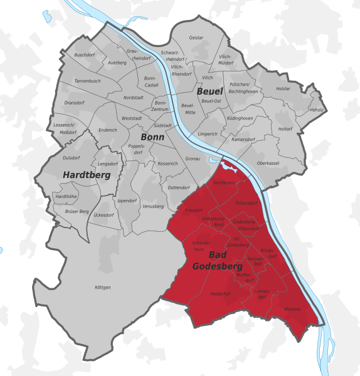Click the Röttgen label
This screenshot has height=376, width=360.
click(102, 287)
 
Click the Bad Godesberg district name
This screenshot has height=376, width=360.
click(217, 260)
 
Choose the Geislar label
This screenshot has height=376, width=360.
click(196, 38)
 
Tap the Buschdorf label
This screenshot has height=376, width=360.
click(84, 55)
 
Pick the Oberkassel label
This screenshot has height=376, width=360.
click(268, 164)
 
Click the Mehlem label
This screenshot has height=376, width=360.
click(292, 310)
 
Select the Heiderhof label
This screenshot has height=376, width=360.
click(221, 293)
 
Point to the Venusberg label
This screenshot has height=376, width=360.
click(153, 206)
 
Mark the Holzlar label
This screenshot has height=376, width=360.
click(284, 88)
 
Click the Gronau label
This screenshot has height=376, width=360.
click(193, 159)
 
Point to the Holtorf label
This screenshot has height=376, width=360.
click(285, 129)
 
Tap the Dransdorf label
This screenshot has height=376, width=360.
click(75, 103)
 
